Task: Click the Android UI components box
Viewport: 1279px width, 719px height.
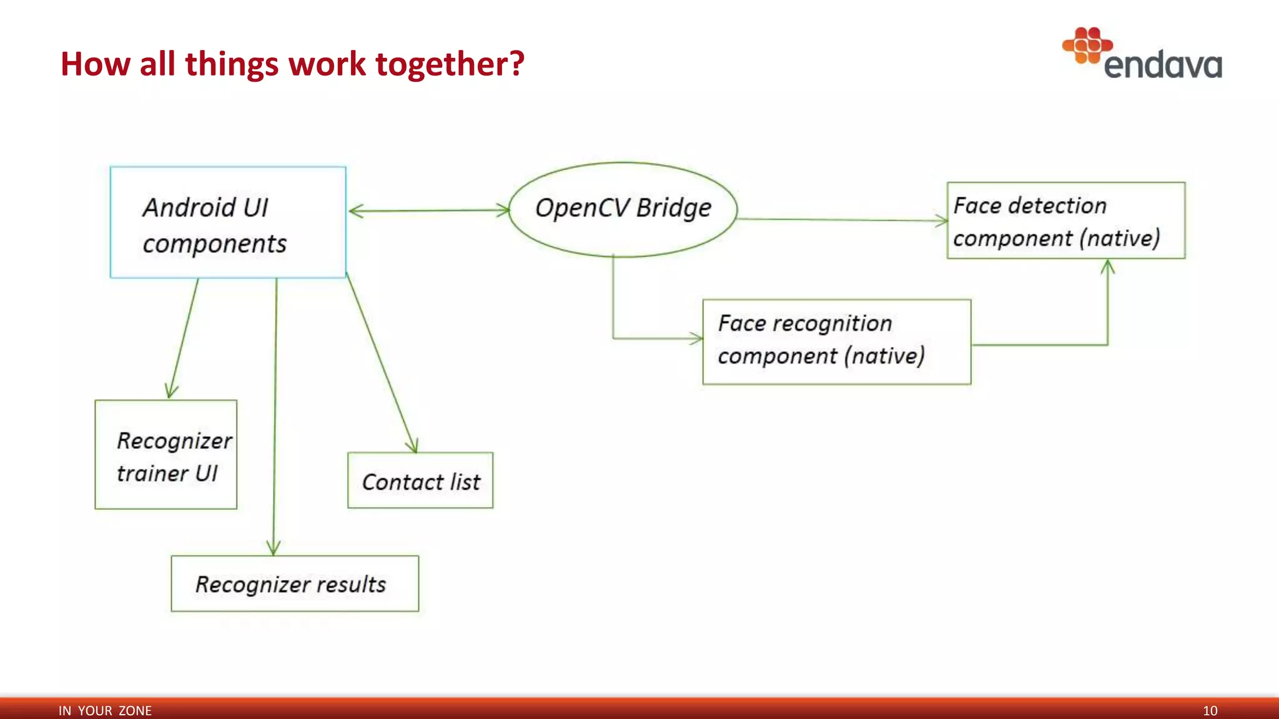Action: (228, 222)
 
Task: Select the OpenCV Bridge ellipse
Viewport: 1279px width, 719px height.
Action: (623, 209)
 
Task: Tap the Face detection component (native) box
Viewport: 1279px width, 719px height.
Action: (1065, 220)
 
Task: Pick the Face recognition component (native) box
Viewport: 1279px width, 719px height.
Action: (836, 341)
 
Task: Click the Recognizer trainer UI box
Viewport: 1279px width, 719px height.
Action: (165, 454)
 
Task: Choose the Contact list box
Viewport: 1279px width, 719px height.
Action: (420, 480)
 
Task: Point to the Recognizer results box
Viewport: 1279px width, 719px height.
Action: (295, 584)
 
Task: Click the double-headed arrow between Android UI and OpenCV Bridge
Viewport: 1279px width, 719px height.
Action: (429, 211)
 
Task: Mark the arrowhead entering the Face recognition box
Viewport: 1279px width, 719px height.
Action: (697, 338)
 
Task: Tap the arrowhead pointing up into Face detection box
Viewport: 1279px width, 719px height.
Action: (1107, 267)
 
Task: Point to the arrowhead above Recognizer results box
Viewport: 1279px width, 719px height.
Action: (274, 548)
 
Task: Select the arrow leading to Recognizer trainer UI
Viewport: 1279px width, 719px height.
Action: (183, 337)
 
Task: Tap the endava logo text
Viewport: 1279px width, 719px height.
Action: (1163, 65)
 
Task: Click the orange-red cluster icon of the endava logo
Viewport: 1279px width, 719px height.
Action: (1087, 45)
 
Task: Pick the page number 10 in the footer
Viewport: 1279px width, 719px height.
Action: (1210, 710)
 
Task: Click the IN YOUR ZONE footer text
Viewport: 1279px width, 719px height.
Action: (105, 710)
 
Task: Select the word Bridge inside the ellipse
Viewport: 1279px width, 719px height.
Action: (673, 208)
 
